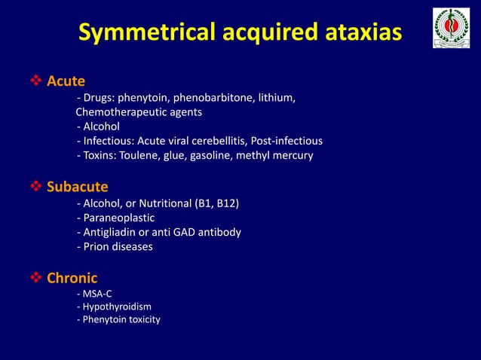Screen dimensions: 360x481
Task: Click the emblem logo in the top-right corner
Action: (451, 29)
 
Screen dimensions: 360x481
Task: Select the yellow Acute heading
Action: (66, 81)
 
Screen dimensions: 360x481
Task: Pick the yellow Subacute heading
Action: (78, 186)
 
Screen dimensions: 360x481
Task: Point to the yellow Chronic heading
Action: (72, 278)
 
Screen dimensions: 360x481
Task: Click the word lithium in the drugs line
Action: (275, 98)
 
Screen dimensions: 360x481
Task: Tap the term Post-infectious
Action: (292, 141)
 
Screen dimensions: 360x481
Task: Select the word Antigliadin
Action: (110, 232)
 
